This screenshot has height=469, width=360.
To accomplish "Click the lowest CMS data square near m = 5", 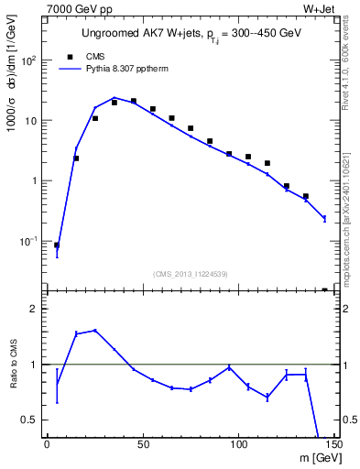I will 57,245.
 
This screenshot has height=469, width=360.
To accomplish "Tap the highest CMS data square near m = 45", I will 134,102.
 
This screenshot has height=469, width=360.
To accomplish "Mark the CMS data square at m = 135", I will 306,196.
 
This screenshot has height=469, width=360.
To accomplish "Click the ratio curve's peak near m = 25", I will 95,330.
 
